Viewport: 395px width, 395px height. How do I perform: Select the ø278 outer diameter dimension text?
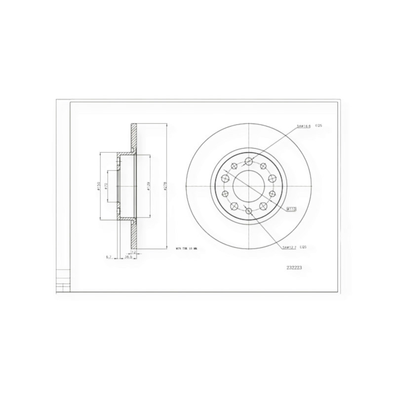(166, 187)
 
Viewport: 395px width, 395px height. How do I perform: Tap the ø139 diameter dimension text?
(149, 187)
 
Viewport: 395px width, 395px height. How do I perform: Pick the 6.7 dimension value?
(108, 257)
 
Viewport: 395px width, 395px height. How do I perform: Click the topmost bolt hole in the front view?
(249, 161)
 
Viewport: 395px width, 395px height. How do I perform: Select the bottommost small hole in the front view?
(249, 212)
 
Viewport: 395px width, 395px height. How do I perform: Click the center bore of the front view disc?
(249, 186)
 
